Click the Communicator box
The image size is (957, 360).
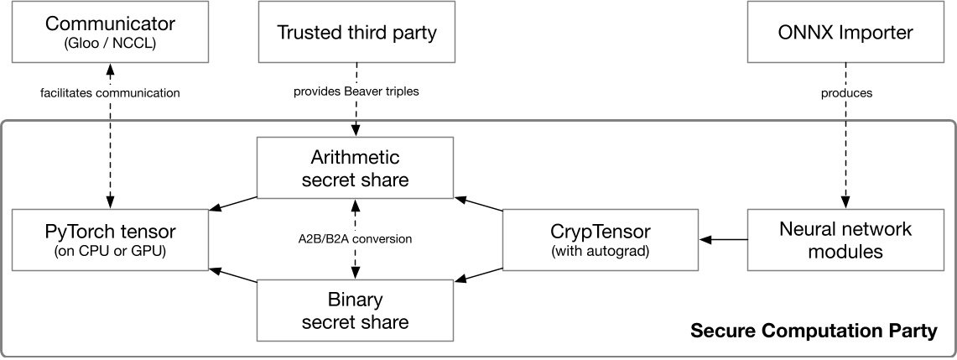pos(110,32)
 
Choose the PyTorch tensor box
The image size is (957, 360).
pos(110,240)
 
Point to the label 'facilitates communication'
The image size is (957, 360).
pos(110,93)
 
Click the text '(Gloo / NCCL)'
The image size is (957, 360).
pos(110,40)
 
